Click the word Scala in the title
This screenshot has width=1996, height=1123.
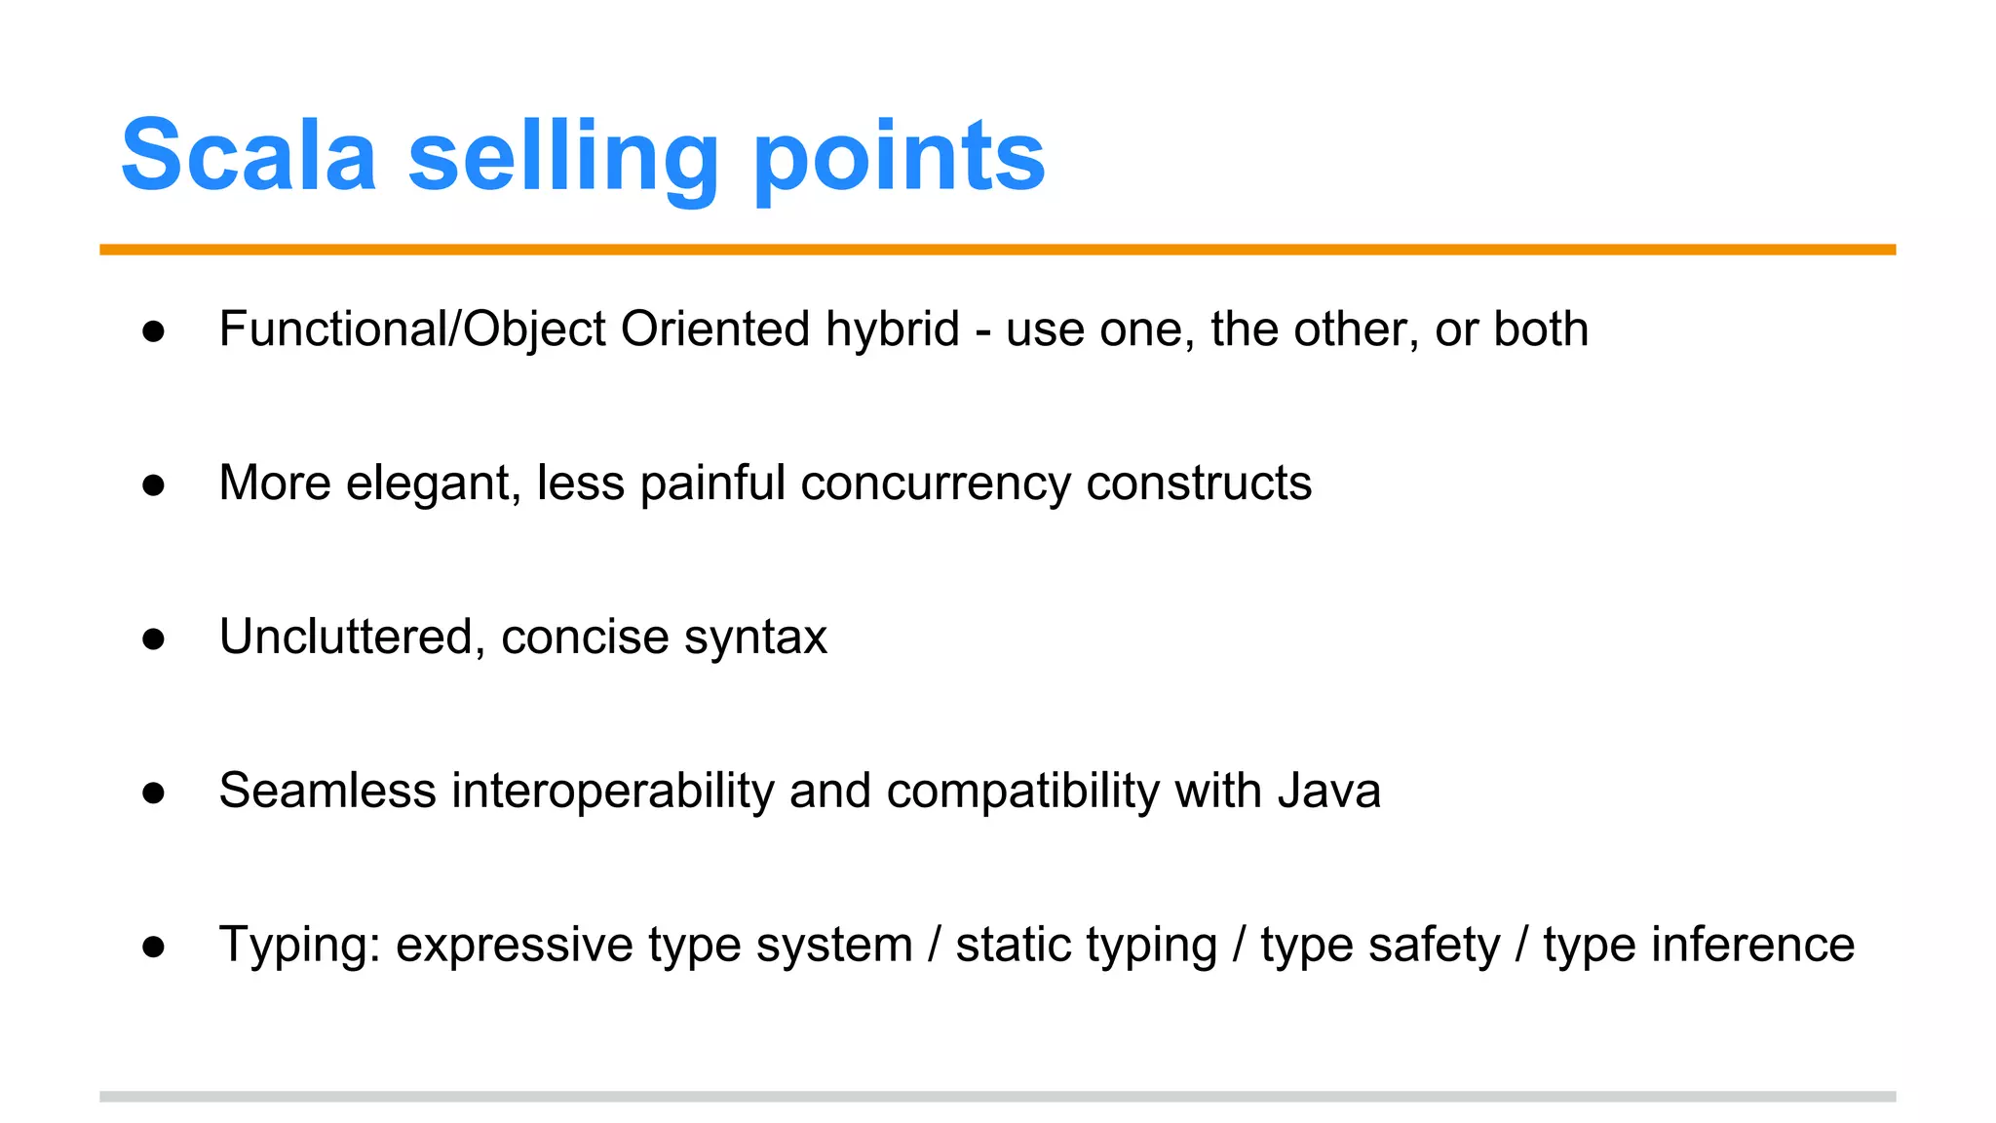click(249, 156)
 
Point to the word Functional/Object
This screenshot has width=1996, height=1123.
click(413, 329)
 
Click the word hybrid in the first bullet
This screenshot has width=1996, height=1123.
click(892, 329)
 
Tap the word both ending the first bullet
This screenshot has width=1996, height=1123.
click(1541, 329)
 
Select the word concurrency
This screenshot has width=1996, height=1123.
click(936, 484)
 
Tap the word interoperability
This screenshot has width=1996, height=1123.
click(612, 792)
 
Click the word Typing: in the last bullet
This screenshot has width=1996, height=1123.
click(299, 946)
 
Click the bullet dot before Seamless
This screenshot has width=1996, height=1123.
click(153, 793)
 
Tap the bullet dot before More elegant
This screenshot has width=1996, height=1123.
click(153, 484)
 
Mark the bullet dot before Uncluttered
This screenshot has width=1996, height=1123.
click(153, 639)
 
